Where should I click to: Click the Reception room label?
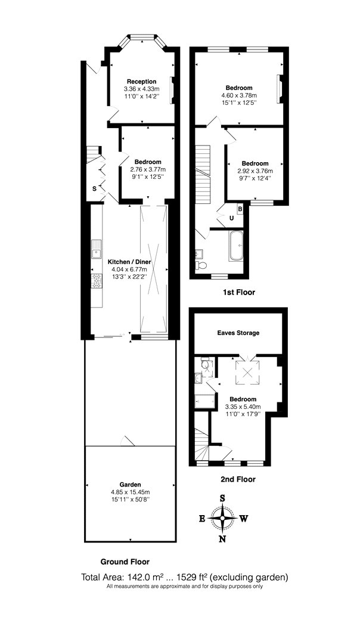[142, 82]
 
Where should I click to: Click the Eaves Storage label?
[238, 333]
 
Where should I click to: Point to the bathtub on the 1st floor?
[236, 246]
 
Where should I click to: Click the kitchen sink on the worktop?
[97, 248]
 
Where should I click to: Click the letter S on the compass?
[223, 498]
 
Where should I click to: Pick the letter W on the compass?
[244, 519]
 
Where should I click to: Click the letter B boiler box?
[240, 209]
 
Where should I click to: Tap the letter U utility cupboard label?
[231, 218]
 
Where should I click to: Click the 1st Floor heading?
[238, 292]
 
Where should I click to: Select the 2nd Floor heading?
[238, 479]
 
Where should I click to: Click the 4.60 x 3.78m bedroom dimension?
[239, 95]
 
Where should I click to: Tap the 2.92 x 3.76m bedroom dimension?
[255, 171]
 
